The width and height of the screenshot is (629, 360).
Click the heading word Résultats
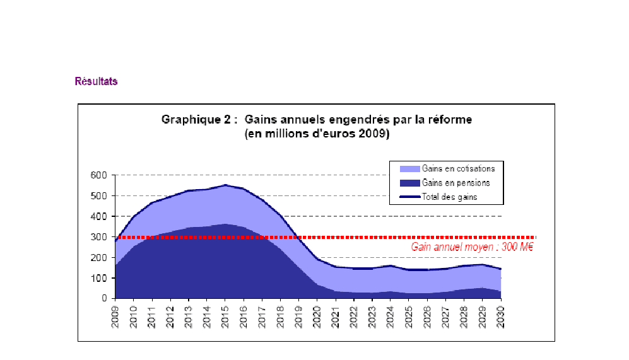pyautogui.click(x=96, y=81)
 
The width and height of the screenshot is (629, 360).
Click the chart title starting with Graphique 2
pyautogui.click(x=317, y=119)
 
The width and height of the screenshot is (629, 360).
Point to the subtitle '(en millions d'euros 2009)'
pyautogui.click(x=317, y=134)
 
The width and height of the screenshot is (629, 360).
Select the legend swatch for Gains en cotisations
pyautogui.click(x=409, y=169)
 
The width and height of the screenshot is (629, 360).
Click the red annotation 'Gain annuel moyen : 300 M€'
pyautogui.click(x=472, y=247)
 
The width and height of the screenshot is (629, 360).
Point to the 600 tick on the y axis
pyautogui.click(x=99, y=175)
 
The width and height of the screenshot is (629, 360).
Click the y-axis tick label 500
pyautogui.click(x=99, y=195)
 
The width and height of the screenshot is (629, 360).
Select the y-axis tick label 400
pyautogui.click(x=99, y=216)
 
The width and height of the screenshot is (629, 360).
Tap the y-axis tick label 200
pyautogui.click(x=99, y=257)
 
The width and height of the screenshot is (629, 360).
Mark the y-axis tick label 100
pyautogui.click(x=99, y=278)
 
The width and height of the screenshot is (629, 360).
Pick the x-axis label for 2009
pyautogui.click(x=116, y=315)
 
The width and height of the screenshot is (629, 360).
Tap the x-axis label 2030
pyautogui.click(x=501, y=315)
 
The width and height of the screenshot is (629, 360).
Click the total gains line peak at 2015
pyautogui.click(x=225, y=185)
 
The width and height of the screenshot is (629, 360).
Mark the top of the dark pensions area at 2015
pyautogui.click(x=225, y=224)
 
